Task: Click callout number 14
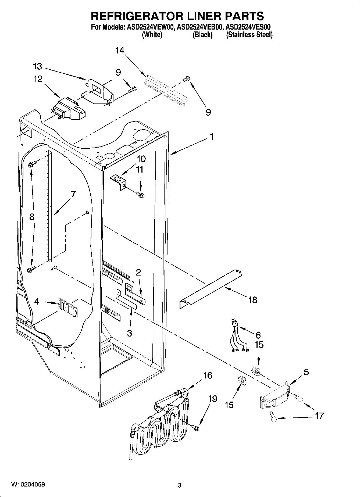coord(120,50)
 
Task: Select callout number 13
coord(38,66)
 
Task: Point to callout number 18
coord(253,300)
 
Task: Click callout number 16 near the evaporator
coord(208,375)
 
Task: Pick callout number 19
coord(212,399)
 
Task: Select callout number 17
coord(319,416)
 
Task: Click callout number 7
coord(73,194)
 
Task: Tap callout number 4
coord(37,302)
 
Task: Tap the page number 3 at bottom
coord(180,485)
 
